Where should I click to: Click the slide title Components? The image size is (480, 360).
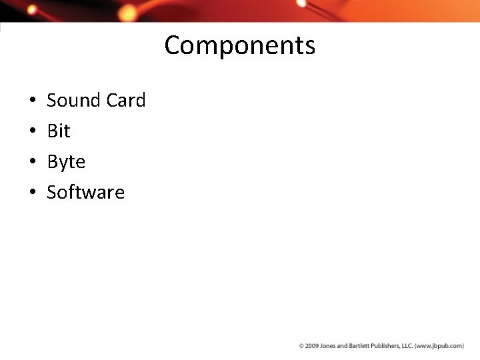click(240, 45)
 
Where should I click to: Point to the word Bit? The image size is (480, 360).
click(59, 131)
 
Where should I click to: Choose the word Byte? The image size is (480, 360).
click(66, 162)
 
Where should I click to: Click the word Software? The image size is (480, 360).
click(85, 193)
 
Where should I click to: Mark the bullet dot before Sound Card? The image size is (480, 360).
click(33, 101)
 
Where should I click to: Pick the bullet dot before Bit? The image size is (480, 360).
click(33, 132)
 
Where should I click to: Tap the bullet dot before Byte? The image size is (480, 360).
click(33, 163)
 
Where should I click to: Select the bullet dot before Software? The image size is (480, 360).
click(33, 193)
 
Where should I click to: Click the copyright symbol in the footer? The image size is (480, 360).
click(301, 346)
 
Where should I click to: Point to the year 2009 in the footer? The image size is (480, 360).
click(311, 346)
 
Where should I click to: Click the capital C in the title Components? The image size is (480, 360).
click(172, 45)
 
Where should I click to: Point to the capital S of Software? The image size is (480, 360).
click(51, 193)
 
